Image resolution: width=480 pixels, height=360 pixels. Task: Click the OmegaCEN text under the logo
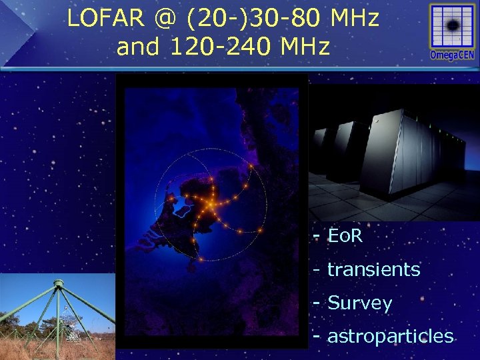point(453,55)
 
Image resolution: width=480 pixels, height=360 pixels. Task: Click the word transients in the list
point(373,269)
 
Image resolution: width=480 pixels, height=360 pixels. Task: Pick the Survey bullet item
point(359,303)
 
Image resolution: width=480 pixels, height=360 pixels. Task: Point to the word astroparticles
point(390,336)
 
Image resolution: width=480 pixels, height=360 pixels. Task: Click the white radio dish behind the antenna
point(72,334)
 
